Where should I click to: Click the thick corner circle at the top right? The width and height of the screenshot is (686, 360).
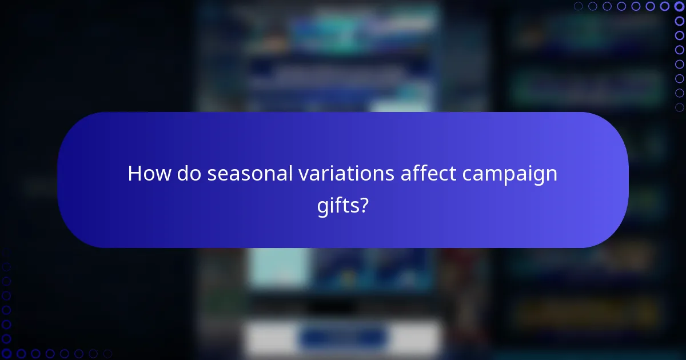click(x=679, y=7)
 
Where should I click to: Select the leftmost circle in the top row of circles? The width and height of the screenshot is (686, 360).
click(x=579, y=7)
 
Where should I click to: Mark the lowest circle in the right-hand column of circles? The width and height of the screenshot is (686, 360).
click(x=679, y=107)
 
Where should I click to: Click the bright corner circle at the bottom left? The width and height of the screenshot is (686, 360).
click(x=7, y=353)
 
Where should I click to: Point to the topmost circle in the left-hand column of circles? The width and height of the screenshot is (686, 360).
click(x=7, y=267)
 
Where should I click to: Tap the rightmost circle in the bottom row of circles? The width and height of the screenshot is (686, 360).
click(x=107, y=353)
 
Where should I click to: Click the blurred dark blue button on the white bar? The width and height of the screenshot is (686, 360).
click(x=342, y=338)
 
